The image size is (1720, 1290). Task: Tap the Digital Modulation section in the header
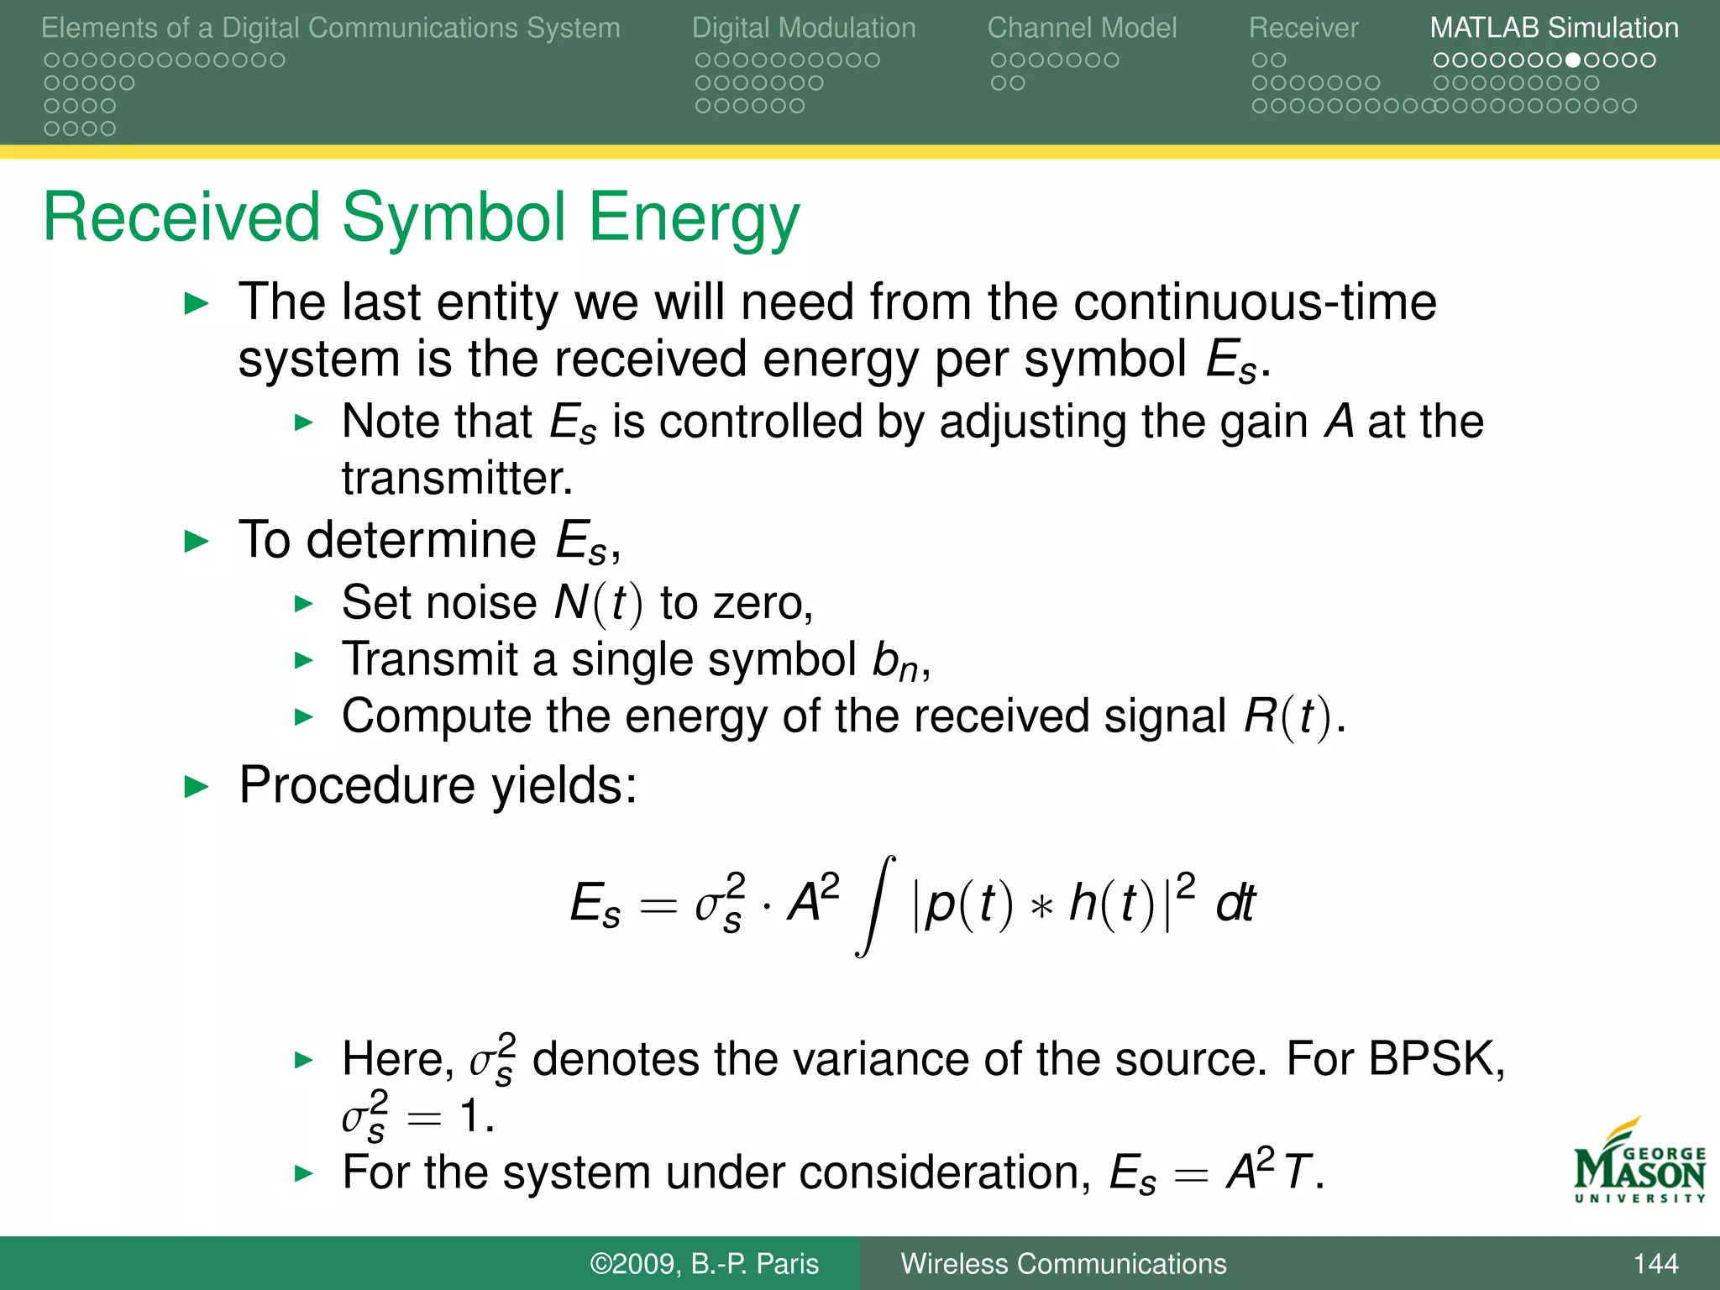coord(803,28)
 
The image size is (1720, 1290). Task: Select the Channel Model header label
coord(1082,28)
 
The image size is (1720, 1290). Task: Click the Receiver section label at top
coord(1303,28)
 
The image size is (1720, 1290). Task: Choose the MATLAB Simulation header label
coord(1554,28)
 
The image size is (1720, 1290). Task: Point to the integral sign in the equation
coord(875,905)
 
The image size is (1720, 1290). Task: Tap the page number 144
coord(1655,1263)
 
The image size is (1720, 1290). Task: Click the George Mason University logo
coord(1639,1163)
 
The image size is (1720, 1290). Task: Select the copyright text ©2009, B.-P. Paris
coord(704,1263)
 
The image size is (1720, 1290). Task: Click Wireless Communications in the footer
coord(1063,1263)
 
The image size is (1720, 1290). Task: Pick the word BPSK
coord(1435,1058)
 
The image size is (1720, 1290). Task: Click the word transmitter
coord(456,479)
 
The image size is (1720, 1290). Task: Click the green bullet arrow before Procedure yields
coord(196,787)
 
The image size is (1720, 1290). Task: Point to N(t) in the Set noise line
coord(598,603)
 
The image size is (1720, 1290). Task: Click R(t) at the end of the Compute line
coord(1287,716)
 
